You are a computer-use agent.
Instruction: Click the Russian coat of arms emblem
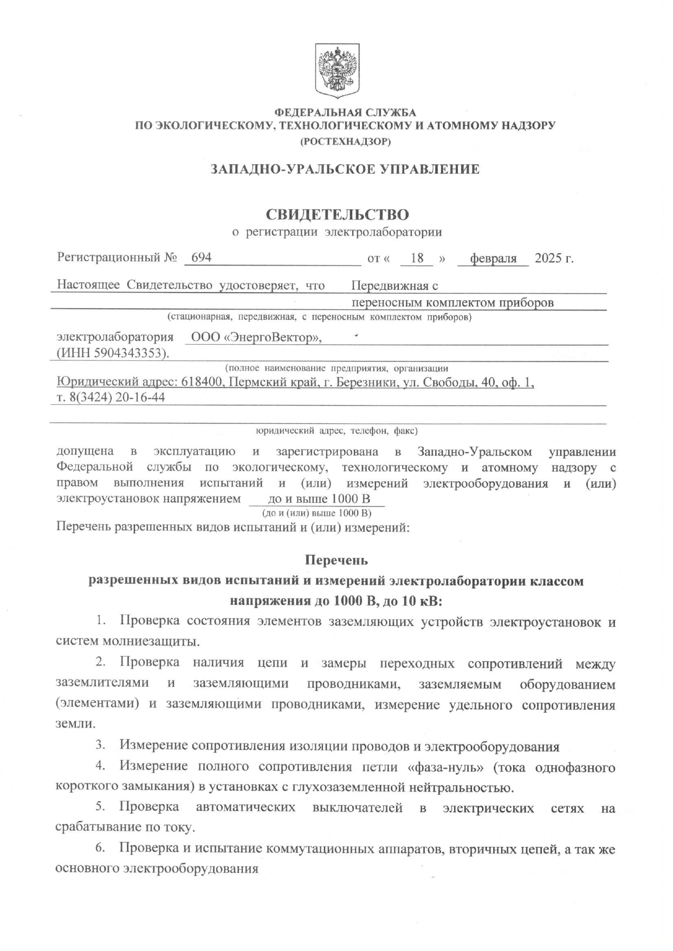pyautogui.click(x=337, y=72)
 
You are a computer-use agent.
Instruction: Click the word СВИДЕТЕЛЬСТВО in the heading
pyautogui.click(x=336, y=215)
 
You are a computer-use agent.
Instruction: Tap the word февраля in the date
pyautogui.click(x=493, y=258)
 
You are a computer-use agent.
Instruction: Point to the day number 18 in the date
pyautogui.click(x=417, y=258)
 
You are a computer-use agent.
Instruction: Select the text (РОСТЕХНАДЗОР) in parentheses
pyautogui.click(x=345, y=142)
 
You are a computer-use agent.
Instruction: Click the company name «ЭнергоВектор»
pyautogui.click(x=273, y=338)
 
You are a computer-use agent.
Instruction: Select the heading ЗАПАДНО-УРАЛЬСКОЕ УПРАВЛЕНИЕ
pyautogui.click(x=345, y=169)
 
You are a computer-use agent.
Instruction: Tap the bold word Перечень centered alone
pyautogui.click(x=336, y=559)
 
